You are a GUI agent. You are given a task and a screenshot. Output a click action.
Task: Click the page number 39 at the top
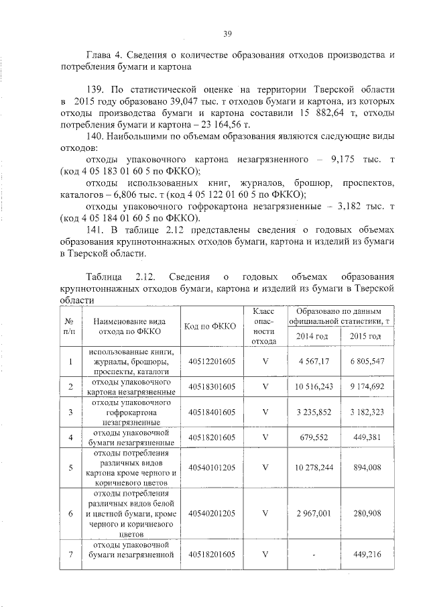click(227, 36)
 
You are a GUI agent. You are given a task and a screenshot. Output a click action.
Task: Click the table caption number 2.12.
click(145, 276)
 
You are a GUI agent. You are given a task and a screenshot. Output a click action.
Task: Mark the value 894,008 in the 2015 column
click(365, 467)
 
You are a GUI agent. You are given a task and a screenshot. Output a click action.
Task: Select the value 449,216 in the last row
click(365, 555)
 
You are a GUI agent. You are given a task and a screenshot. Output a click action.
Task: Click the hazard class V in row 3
click(265, 412)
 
